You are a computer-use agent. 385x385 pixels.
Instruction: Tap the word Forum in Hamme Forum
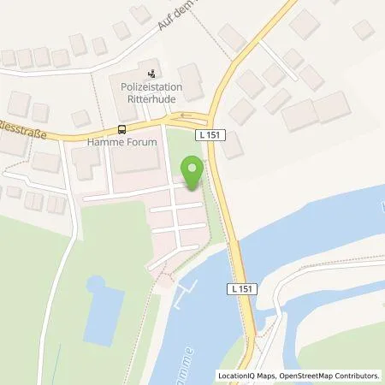[144, 143]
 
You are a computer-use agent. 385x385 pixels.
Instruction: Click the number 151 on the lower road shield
[246, 290]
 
